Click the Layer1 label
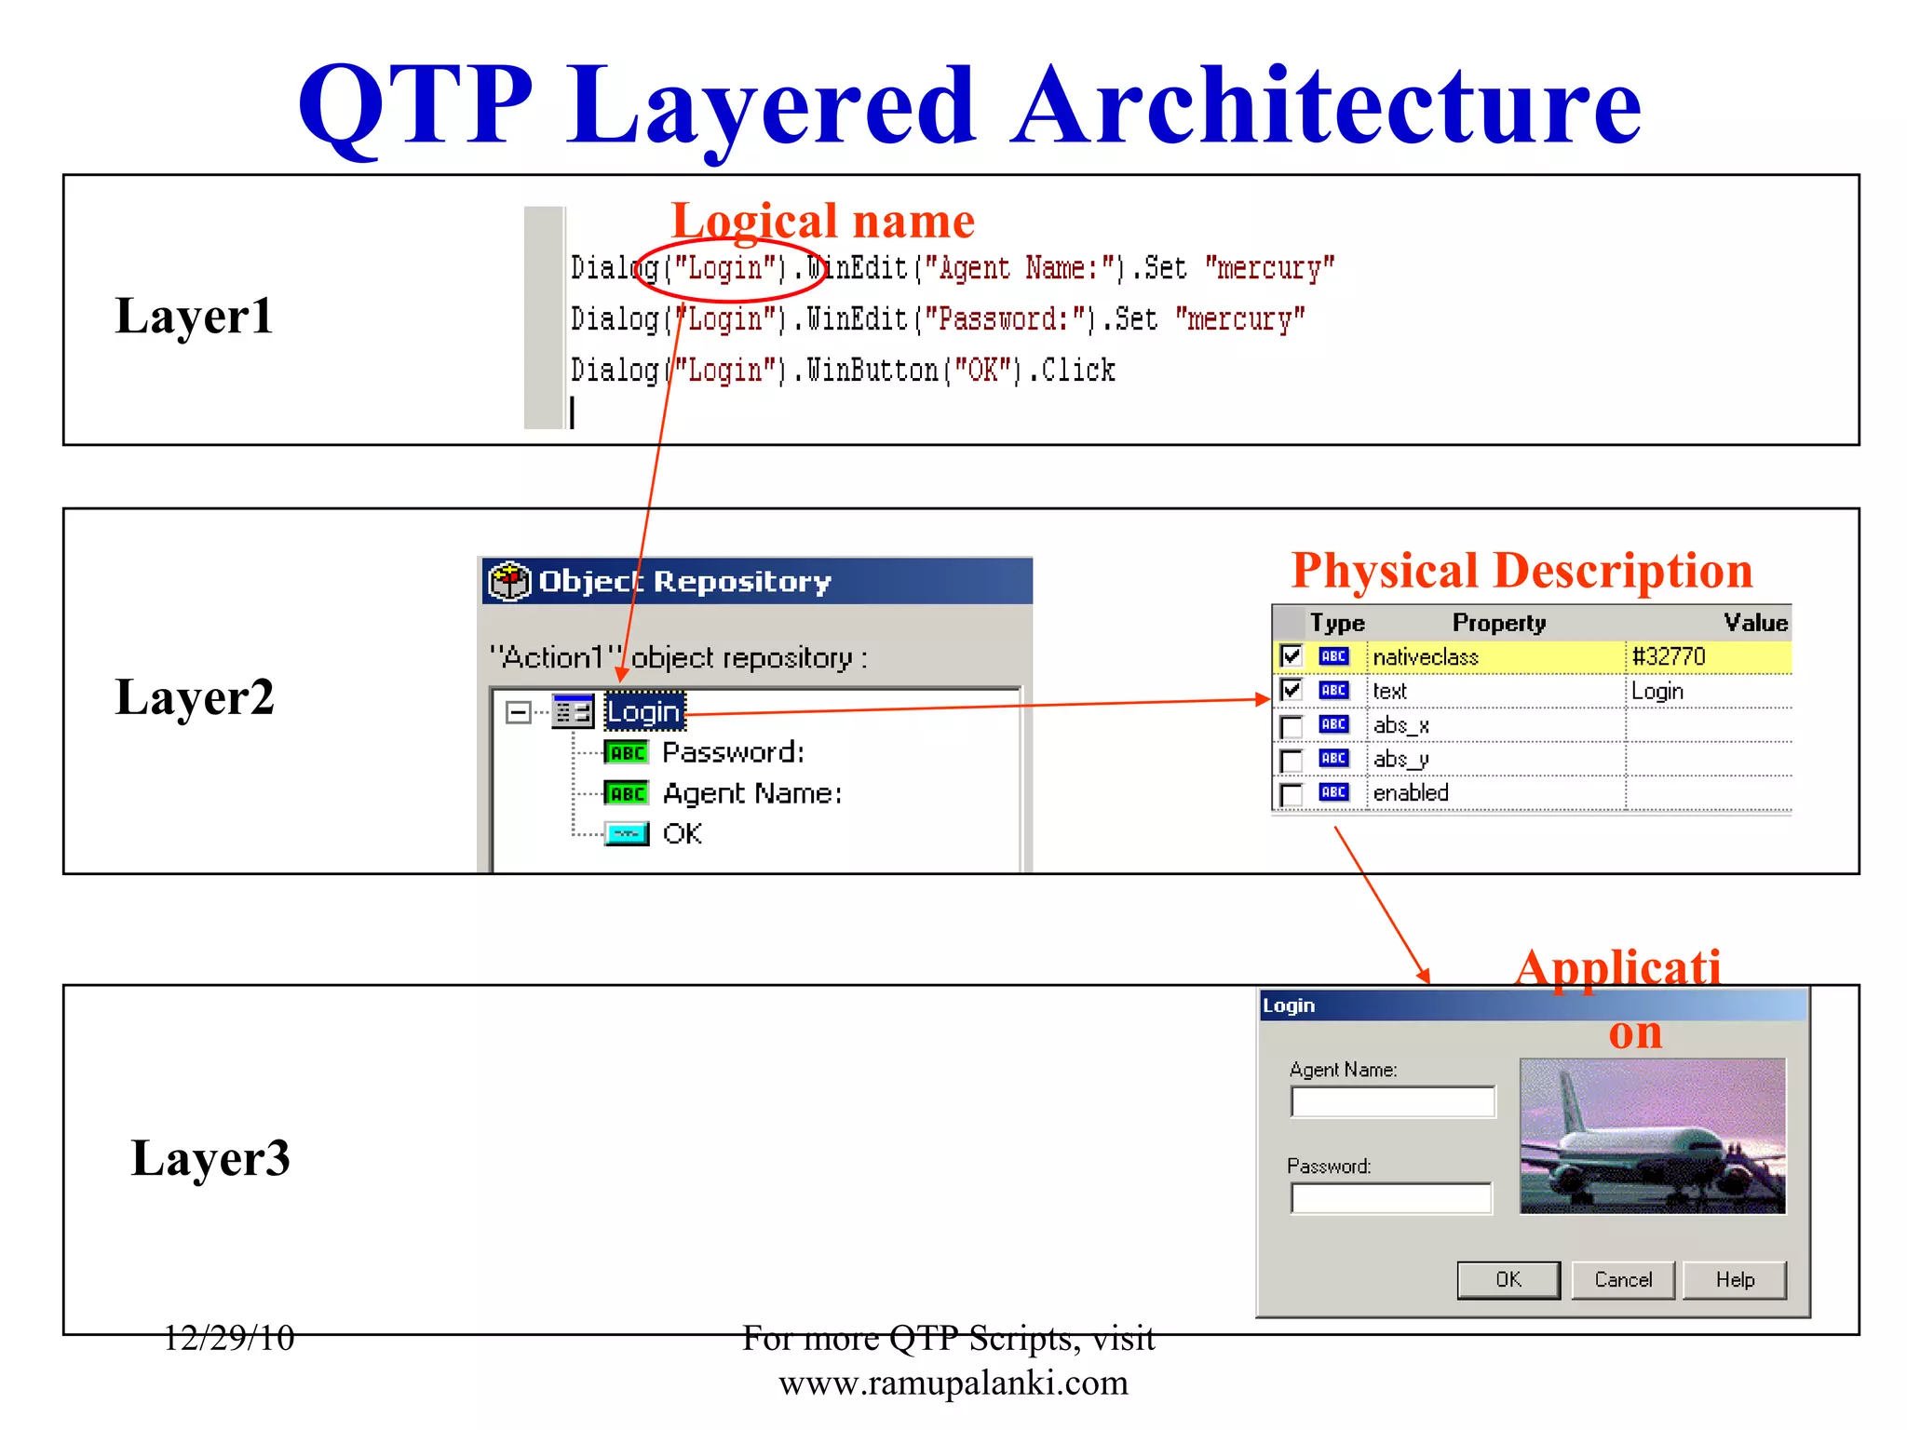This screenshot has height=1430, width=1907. pos(194,316)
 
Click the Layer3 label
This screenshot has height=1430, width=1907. pos(210,1157)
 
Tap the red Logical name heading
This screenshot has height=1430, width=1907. pos(822,222)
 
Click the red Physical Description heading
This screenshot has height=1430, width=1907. pos(1522,571)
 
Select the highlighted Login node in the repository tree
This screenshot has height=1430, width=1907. pos(644,712)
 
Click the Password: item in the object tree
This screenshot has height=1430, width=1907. pos(733,752)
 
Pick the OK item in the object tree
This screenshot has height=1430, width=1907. pos(683,833)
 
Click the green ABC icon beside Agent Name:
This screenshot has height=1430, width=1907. pos(627,793)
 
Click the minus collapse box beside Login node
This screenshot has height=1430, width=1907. pos(518,712)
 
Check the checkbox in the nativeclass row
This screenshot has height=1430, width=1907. pos(1291,656)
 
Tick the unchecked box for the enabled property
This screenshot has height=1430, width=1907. pos(1291,794)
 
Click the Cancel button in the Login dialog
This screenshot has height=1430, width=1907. pos(1622,1280)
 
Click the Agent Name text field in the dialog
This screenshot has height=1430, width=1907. pos(1392,1102)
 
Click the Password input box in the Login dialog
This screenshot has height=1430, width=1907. pos(1391,1198)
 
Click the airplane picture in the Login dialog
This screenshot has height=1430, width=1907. pos(1652,1136)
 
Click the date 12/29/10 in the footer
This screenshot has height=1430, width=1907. pos(229,1338)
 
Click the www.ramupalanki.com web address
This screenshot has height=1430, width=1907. pos(953,1383)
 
